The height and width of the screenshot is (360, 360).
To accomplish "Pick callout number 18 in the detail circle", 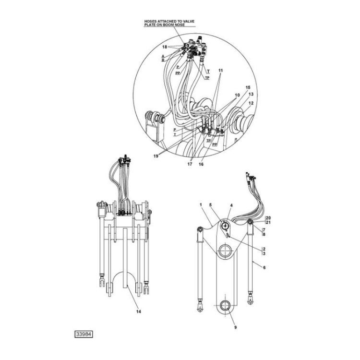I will [x=164, y=47].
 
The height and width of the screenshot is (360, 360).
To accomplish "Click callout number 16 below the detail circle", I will [x=201, y=164].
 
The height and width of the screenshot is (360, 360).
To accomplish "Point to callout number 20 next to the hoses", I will [x=268, y=217].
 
